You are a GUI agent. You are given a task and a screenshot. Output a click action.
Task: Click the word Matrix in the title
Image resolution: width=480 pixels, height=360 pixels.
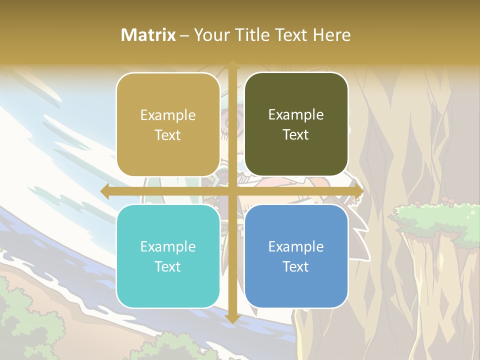click(148, 35)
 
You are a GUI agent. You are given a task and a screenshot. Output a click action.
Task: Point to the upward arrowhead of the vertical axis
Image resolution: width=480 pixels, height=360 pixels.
click(232, 65)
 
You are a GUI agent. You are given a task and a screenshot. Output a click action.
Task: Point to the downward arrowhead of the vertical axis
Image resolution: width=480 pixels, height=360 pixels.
click(232, 318)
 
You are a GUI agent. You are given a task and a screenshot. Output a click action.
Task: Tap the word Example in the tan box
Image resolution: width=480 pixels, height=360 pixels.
click(168, 115)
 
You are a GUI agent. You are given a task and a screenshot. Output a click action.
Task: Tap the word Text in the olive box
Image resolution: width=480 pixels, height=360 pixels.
click(296, 135)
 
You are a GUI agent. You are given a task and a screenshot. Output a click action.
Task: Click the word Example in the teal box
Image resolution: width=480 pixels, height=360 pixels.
click(168, 246)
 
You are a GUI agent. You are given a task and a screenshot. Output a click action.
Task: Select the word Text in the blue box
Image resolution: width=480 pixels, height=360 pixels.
click(296, 266)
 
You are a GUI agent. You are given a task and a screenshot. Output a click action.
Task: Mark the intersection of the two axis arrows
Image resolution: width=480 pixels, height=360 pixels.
click(232, 191)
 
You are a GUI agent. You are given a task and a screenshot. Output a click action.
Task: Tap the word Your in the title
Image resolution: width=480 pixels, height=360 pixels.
click(209, 35)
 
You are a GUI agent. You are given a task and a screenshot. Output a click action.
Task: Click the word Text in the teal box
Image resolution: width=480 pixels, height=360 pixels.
click(168, 266)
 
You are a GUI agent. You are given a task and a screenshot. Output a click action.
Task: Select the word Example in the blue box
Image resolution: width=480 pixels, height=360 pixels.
click(296, 246)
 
